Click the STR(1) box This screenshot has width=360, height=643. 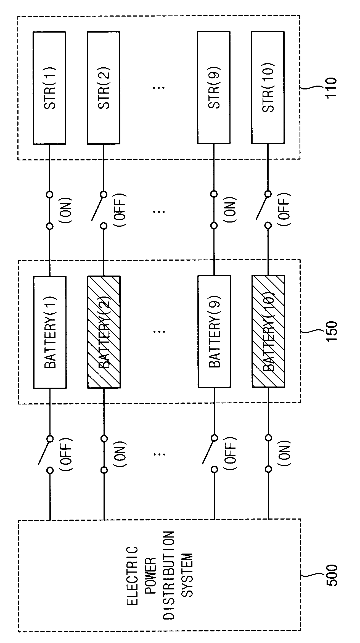pos(49,88)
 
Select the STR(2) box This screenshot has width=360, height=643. pos(104,88)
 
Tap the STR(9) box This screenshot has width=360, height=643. pos(214,88)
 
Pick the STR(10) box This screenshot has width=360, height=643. pos(268,88)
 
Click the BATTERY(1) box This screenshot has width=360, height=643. pos(50,332)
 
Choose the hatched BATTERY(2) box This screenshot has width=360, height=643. pos(104,332)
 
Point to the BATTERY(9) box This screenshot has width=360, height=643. pos(214,332)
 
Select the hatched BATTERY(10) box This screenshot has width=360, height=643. pos(268,332)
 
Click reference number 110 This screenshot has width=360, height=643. pos(331,87)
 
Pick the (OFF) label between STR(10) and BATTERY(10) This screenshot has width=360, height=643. pos(285,209)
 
